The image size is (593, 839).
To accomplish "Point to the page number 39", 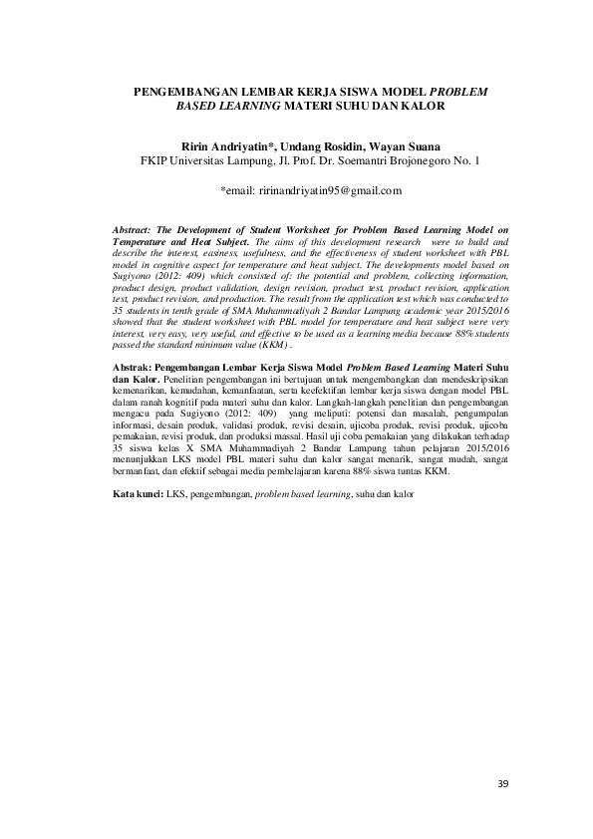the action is coord(502,784).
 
